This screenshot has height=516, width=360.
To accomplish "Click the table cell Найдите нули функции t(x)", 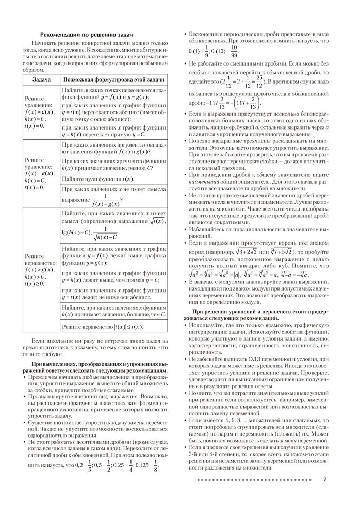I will pyautogui.click(x=97, y=179).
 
